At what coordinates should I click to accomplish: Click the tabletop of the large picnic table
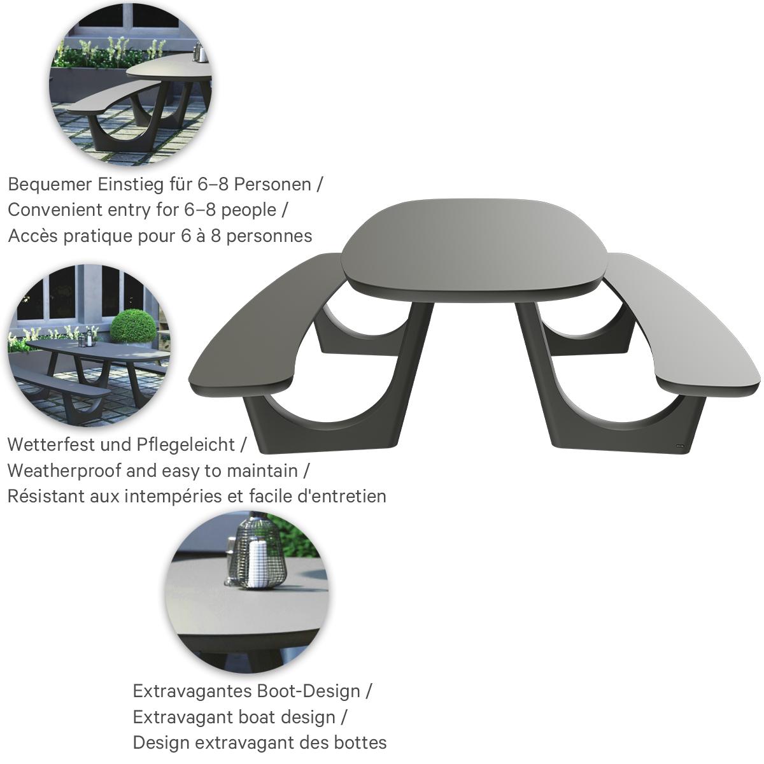tap(474, 245)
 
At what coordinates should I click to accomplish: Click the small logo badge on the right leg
tap(680, 446)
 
